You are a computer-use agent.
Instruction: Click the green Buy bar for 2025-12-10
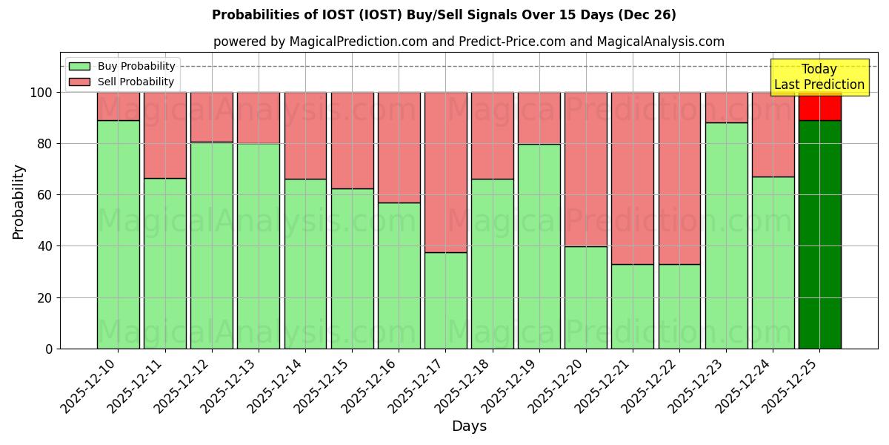(119, 234)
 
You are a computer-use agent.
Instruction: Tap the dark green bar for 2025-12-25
(820, 234)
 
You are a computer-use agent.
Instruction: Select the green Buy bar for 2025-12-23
(726, 235)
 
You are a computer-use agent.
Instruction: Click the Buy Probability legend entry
(136, 66)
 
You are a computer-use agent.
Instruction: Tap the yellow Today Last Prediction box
(819, 77)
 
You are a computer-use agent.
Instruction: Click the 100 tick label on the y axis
(41, 93)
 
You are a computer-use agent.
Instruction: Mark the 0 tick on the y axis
(49, 349)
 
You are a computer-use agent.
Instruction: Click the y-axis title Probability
(19, 202)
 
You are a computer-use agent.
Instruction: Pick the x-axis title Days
(469, 426)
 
